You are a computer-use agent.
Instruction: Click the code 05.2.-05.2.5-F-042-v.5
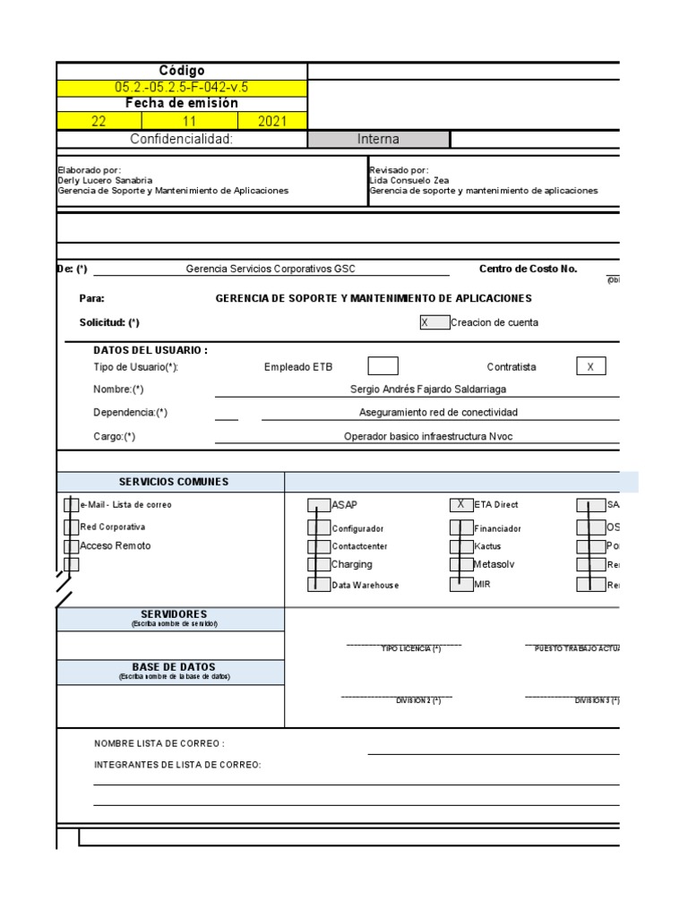click(x=182, y=87)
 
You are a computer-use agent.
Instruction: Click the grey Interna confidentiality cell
click(x=378, y=139)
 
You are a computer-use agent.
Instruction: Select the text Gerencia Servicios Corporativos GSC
click(x=271, y=269)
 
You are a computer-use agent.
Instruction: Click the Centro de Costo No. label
click(x=529, y=269)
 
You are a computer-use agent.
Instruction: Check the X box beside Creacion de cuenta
click(x=434, y=322)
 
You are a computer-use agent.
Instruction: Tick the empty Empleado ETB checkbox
click(x=383, y=366)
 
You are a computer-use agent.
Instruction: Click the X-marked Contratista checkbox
click(x=590, y=366)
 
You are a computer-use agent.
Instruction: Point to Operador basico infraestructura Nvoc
click(x=430, y=436)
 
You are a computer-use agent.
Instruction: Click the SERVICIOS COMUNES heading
click(x=174, y=482)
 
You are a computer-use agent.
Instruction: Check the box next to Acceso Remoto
click(x=72, y=546)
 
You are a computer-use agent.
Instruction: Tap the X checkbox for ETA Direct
click(x=460, y=505)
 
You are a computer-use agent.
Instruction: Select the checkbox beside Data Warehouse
click(x=318, y=585)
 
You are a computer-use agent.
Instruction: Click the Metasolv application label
click(x=494, y=564)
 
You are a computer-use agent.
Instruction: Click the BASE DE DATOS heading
click(x=174, y=667)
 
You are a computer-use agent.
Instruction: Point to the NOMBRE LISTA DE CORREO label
click(x=159, y=743)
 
